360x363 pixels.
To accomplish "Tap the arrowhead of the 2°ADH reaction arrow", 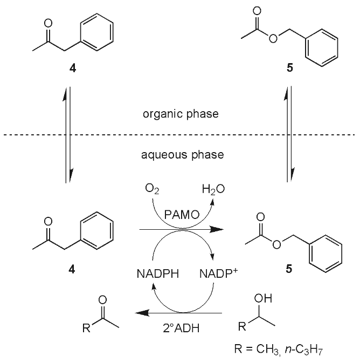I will coord(142,312).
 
